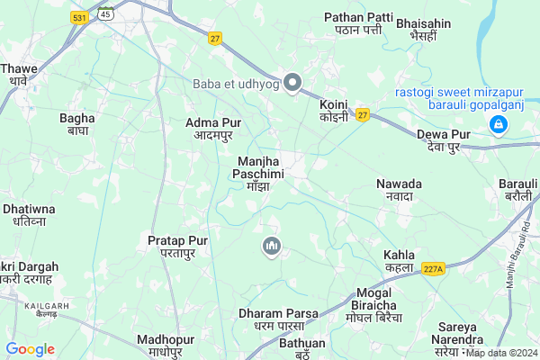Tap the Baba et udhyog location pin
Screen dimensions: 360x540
(x=292, y=84)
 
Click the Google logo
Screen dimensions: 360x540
(x=30, y=349)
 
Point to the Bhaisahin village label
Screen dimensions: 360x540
(x=422, y=23)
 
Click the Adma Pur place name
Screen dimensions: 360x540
(x=214, y=128)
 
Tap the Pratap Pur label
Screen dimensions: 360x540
(x=178, y=247)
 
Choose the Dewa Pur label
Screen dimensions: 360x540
(x=444, y=140)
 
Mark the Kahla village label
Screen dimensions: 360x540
(x=399, y=260)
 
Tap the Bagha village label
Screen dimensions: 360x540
(x=76, y=123)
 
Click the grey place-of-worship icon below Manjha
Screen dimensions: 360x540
(x=272, y=246)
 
